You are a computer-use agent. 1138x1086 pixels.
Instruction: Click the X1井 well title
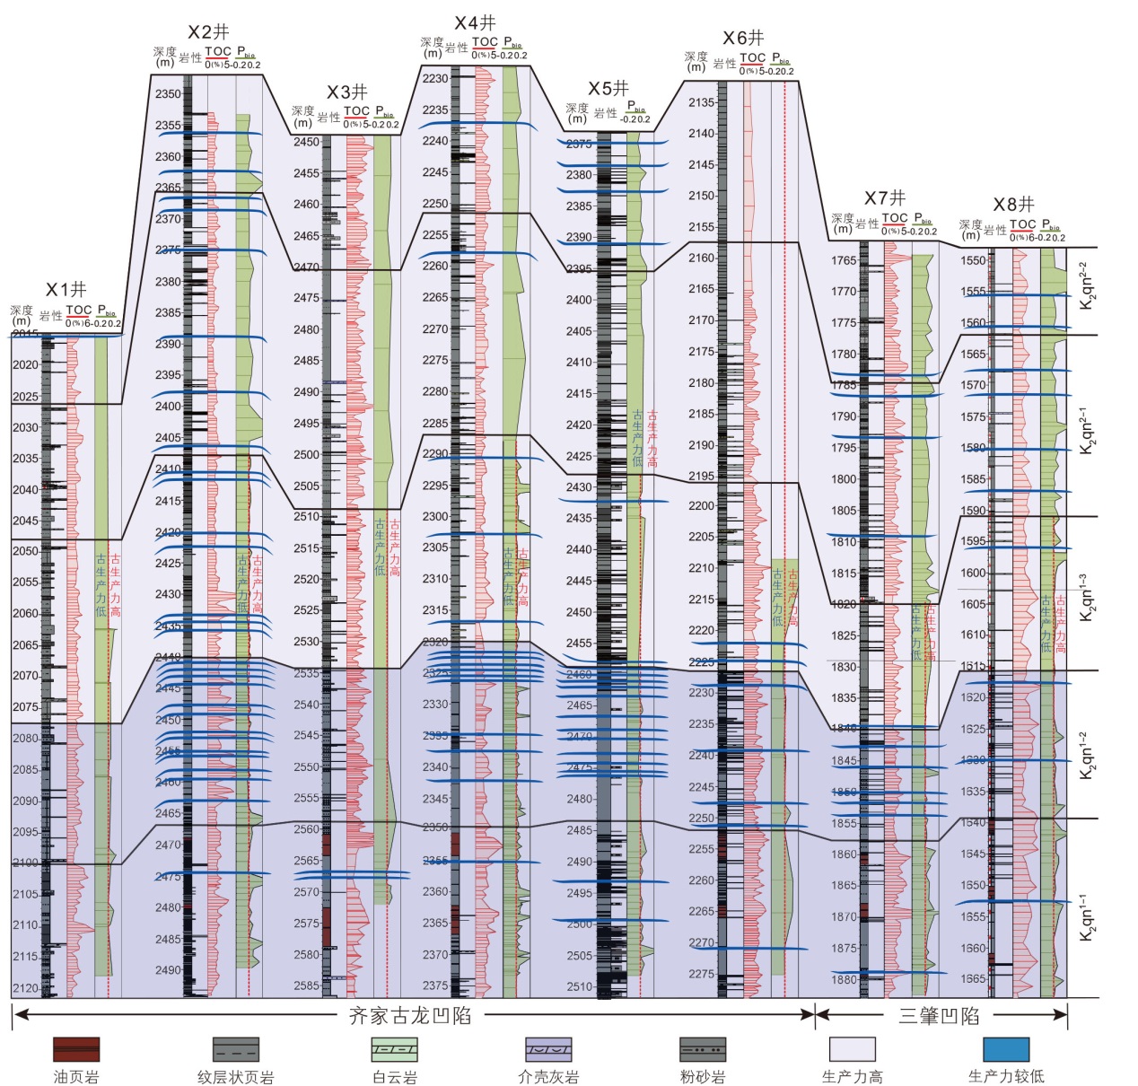(66, 289)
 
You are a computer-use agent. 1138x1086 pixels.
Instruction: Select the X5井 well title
(608, 88)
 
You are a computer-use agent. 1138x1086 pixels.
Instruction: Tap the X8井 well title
(1013, 205)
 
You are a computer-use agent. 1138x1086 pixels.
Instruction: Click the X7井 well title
(885, 197)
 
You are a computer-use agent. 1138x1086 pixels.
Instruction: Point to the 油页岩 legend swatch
(76, 1049)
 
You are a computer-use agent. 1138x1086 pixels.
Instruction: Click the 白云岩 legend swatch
(395, 1049)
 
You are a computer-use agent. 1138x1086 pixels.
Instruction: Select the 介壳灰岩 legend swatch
(548, 1049)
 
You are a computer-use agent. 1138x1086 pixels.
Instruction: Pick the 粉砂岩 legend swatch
(703, 1049)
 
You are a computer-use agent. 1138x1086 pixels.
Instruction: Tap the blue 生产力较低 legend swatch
(1006, 1049)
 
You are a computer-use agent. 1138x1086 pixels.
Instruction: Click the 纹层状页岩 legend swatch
(236, 1049)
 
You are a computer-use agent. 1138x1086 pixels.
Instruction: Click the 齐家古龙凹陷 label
(410, 1015)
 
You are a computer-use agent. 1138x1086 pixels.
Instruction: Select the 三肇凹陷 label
(939, 1015)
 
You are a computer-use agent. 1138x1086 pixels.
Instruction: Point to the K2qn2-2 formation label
(1087, 285)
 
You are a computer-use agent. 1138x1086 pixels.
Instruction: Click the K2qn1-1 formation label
(1087, 917)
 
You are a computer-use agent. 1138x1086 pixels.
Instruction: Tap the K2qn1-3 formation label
(1087, 597)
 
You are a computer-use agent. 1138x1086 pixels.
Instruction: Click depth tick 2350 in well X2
(168, 93)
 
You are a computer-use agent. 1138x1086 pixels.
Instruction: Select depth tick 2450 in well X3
(306, 142)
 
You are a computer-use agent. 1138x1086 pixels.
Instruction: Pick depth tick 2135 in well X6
(702, 102)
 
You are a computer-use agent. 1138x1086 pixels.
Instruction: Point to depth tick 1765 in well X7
(844, 260)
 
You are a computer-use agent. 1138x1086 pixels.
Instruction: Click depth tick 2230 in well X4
(435, 78)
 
